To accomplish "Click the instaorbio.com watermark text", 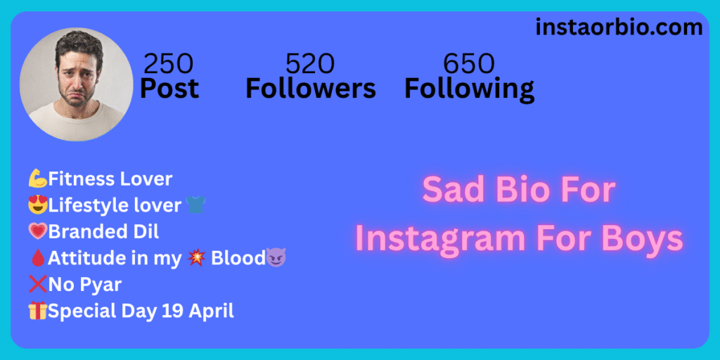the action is (619, 27).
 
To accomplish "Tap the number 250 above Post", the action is (169, 64).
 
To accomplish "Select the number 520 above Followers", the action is (310, 64).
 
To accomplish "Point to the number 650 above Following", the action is (468, 64).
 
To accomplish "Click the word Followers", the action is (310, 88).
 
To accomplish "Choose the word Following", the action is (469, 89).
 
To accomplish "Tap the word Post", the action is (169, 88).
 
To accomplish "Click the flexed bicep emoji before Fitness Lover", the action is (38, 179).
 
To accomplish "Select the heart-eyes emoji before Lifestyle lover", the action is (38, 205).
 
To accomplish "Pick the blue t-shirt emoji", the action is (195, 205).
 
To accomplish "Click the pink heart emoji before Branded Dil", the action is (38, 232).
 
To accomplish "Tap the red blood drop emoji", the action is (37, 258).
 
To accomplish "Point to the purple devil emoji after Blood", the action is (276, 257).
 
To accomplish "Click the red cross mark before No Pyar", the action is (38, 285).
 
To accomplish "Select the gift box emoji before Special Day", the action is (38, 311).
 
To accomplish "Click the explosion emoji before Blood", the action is (197, 258).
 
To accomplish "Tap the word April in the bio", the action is (211, 311).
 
